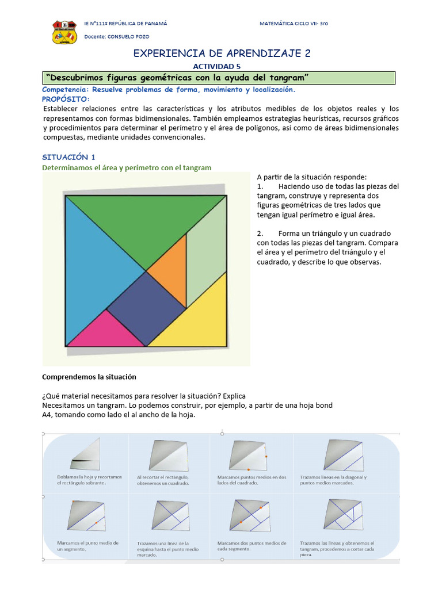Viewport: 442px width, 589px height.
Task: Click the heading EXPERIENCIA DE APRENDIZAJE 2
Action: click(222, 53)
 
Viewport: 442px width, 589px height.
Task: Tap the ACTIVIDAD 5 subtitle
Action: click(220, 67)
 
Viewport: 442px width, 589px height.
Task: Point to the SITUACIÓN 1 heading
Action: click(68, 156)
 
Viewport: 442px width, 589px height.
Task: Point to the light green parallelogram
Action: click(205, 247)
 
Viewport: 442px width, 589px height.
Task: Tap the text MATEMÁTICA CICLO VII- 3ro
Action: click(294, 24)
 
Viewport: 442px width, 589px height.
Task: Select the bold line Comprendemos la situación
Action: click(89, 377)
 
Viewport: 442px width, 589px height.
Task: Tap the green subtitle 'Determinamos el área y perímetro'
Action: click(127, 167)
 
